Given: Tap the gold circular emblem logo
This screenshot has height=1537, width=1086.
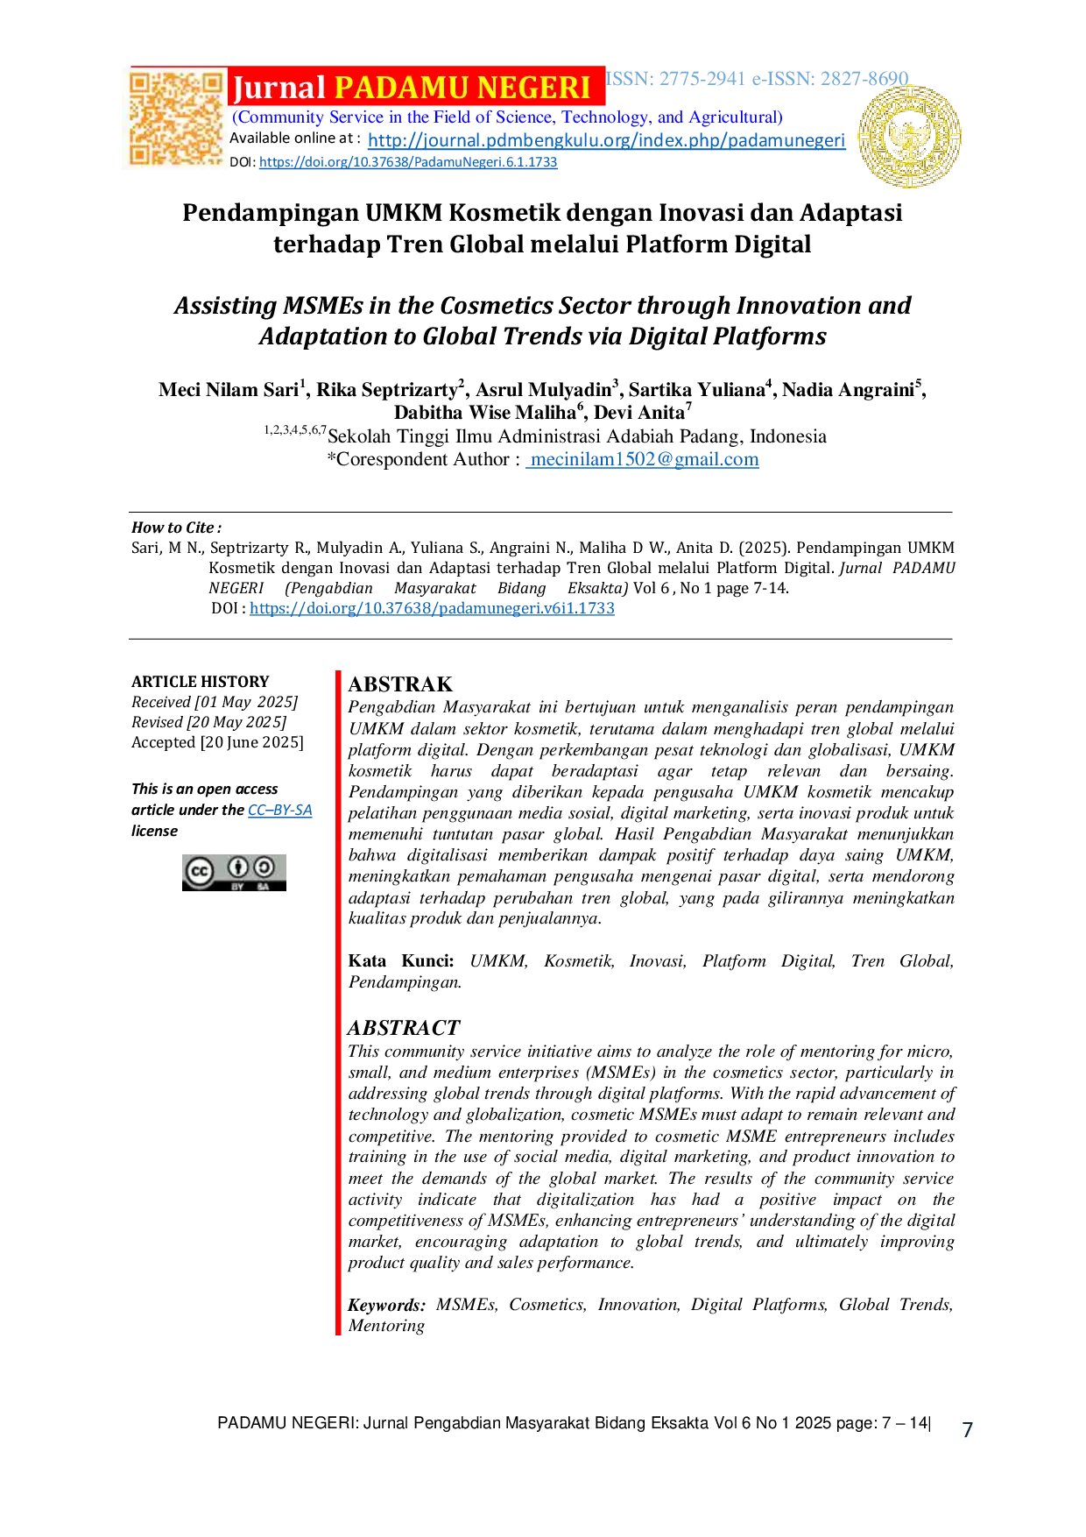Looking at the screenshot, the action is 909,137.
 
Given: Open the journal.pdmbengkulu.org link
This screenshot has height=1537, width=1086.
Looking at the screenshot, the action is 607,140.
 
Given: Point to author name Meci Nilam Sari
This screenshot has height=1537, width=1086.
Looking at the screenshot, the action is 229,390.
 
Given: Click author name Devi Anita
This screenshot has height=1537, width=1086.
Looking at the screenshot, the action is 639,413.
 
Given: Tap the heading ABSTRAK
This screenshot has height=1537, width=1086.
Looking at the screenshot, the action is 400,684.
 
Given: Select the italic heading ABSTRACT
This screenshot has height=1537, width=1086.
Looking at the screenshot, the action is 404,1028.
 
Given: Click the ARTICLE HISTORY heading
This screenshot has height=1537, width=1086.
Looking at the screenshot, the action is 201,682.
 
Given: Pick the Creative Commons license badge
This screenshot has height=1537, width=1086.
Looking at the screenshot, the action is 234,873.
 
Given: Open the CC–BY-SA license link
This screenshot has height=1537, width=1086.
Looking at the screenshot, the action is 280,810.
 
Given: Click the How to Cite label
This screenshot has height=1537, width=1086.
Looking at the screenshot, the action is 176,528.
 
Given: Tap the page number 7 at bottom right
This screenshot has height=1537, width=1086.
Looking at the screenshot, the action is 968,1430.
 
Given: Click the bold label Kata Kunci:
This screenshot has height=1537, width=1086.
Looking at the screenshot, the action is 401,961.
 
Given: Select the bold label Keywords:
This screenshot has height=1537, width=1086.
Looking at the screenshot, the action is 387,1305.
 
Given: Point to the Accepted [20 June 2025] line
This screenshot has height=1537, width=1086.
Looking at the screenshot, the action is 218,742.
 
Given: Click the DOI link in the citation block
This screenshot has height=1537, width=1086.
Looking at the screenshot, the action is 432,608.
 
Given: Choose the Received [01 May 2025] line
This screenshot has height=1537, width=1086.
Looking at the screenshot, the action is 215,702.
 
